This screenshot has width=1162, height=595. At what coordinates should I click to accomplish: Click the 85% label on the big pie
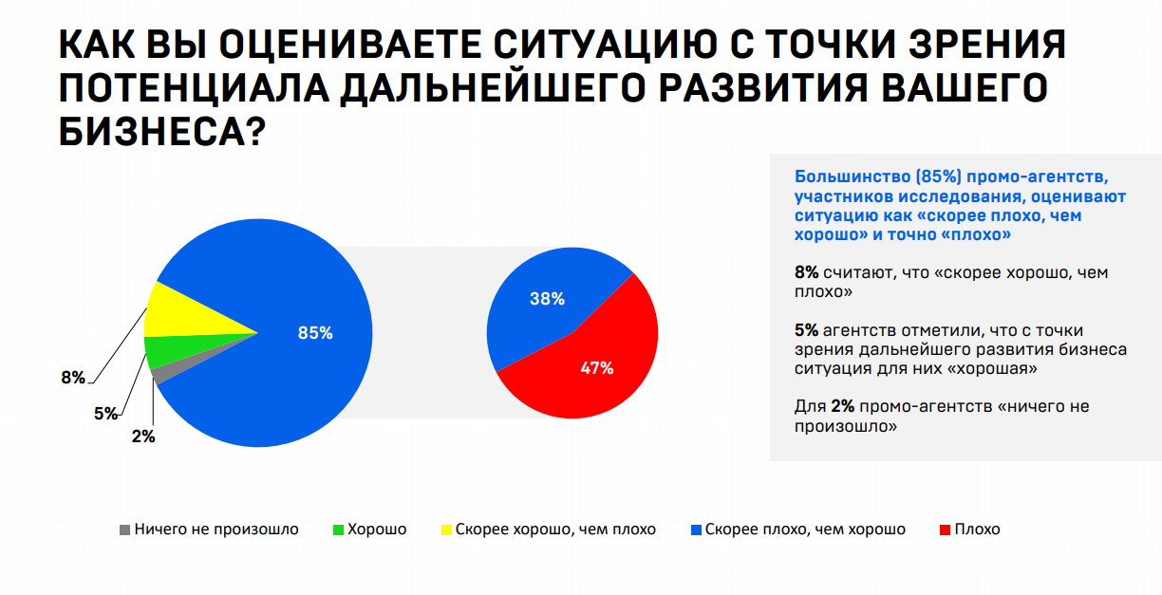coord(315,333)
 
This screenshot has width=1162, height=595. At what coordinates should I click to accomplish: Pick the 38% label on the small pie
coord(547,299)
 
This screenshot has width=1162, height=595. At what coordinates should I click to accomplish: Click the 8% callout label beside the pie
coord(73,378)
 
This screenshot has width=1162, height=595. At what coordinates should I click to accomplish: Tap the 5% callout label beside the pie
coord(105,414)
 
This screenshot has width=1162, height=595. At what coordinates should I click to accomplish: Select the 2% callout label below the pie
coord(142,437)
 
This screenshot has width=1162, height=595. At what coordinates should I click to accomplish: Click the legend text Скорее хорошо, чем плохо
coord(555,530)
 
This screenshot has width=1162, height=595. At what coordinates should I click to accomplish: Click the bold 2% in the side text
coord(843,406)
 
